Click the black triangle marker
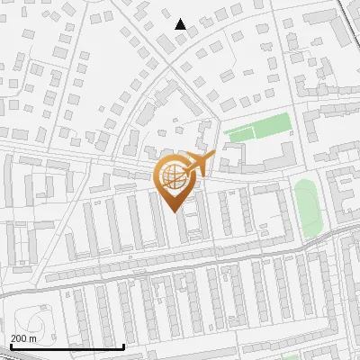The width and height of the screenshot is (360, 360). (181, 25)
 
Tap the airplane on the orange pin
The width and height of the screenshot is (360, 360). (197, 164)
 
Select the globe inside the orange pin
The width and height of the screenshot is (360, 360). (175, 176)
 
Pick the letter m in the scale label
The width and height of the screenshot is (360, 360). (34, 338)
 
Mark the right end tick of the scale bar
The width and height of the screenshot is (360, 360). (123, 346)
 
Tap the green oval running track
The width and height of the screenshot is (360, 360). (307, 207)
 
